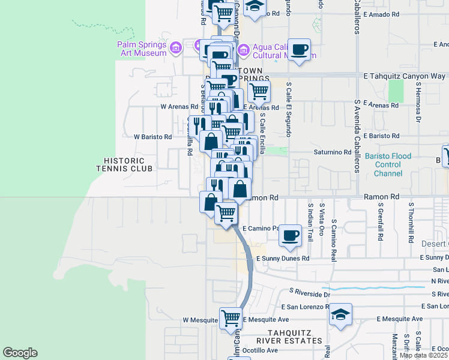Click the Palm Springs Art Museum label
[142, 49]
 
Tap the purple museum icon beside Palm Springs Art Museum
[175, 47]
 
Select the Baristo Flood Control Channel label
[388, 165]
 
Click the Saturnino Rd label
[333, 152]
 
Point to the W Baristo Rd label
[152, 137]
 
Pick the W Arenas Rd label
[175, 107]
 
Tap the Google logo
[20, 353]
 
